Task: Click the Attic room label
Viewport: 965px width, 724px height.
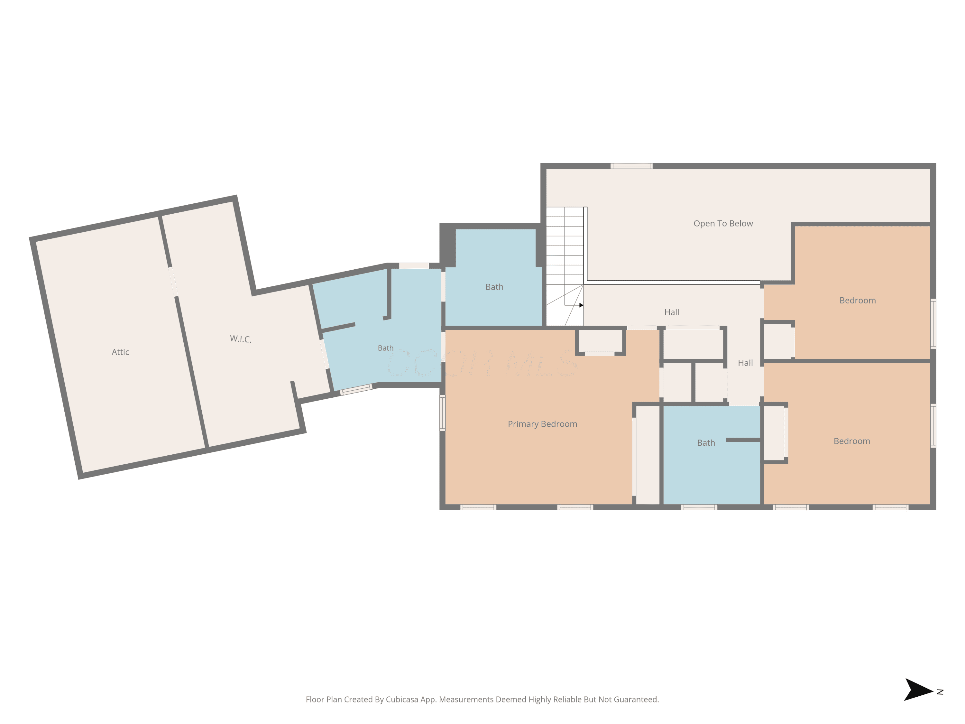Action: coord(120,352)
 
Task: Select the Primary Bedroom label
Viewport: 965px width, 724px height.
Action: coord(542,424)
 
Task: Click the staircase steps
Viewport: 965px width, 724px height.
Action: coord(565,266)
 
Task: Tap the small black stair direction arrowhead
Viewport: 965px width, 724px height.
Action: coord(581,305)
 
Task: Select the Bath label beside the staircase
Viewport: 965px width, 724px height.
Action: coord(494,287)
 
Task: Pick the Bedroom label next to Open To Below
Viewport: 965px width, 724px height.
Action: coord(857,300)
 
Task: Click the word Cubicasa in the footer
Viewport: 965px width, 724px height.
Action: coord(402,700)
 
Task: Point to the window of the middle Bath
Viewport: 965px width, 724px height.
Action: coord(699,507)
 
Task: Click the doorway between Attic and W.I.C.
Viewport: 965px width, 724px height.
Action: coord(173,282)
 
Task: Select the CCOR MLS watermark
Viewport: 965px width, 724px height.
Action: coord(482,363)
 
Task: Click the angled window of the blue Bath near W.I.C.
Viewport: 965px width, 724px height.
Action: coord(356,389)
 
